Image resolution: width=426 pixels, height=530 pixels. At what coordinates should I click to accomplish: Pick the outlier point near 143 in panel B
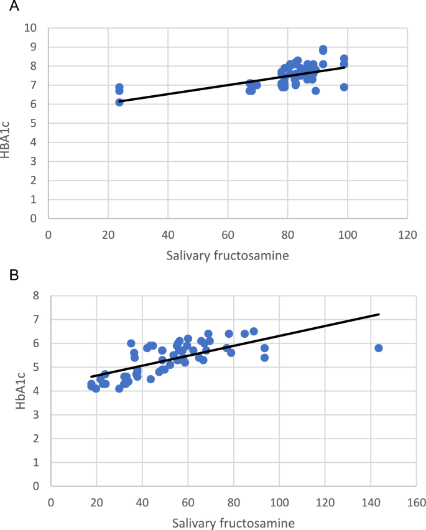coord(378,348)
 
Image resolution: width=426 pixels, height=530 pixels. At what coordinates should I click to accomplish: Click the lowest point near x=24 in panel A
coord(119,102)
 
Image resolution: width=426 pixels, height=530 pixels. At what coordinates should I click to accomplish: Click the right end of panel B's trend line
coord(379,314)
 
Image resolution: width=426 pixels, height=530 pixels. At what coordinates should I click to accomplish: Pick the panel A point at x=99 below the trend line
coord(344,87)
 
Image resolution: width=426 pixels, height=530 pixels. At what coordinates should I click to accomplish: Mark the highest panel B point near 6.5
coord(254,331)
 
